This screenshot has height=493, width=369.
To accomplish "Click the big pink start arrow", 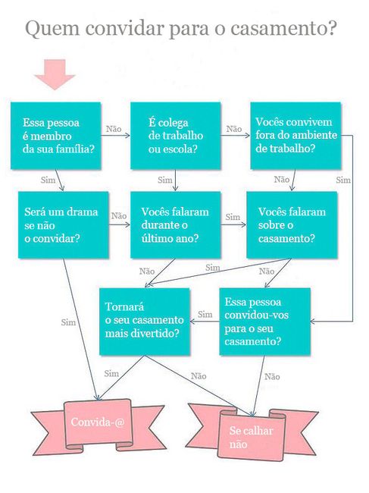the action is point(55,74).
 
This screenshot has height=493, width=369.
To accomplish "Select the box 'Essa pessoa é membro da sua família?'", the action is point(56,136).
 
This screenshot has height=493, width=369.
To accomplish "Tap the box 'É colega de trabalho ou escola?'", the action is point(176,136).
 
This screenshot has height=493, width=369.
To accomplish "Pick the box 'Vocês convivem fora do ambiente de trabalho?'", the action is point(296,135).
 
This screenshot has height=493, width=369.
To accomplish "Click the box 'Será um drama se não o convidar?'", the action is point(64,225).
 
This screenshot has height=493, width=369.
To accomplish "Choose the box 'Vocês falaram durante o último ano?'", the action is point(176,225).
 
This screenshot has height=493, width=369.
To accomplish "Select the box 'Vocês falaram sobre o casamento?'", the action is point(292,225).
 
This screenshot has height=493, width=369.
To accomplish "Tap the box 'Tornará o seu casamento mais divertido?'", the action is point(145,322).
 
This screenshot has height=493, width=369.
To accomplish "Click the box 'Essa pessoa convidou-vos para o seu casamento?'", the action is point(264,322).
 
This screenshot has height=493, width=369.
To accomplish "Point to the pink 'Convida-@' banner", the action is point(98,424).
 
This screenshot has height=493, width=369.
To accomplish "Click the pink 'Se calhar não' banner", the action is point(252,432).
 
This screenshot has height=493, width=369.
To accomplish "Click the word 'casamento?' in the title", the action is point(283,28).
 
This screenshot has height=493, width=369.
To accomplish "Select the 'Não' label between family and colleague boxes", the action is point(114,129).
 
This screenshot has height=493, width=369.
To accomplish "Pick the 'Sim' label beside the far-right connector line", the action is point(343,181).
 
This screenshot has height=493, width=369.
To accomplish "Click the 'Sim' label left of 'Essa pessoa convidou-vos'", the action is point(205,315).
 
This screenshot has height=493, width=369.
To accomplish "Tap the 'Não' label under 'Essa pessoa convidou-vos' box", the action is point(272,377).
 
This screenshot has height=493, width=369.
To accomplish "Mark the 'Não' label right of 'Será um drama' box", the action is point(119,216).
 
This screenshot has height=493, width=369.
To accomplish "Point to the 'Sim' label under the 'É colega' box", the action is point(165,181).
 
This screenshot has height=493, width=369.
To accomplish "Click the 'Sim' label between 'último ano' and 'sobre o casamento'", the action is point(233,217).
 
